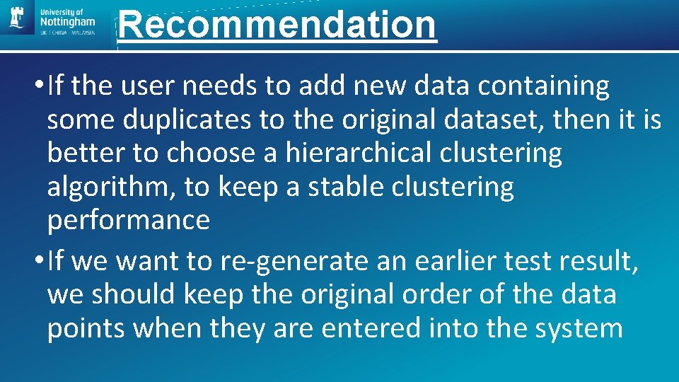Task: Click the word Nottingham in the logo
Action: (69, 23)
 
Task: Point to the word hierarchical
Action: (354, 153)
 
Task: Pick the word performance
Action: (129, 221)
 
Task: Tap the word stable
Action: (348, 187)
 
